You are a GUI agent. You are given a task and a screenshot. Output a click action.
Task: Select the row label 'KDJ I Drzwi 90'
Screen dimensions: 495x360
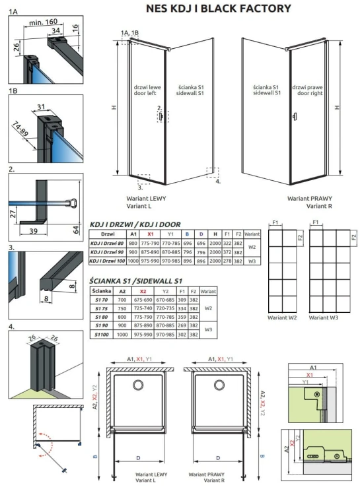click(x=107, y=252)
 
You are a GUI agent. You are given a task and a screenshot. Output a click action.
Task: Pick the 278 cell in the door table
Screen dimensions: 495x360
click(x=227, y=261)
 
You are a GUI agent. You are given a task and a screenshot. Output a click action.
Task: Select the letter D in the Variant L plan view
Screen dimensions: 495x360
click(x=137, y=456)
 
